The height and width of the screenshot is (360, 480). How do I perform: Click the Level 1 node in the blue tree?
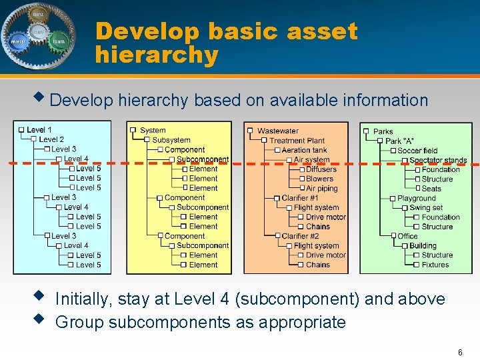[x=39, y=130]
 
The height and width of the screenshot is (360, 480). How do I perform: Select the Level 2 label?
[x=51, y=139]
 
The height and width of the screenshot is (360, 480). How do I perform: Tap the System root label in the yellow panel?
[x=153, y=131]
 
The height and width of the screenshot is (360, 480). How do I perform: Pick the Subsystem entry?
[x=171, y=140]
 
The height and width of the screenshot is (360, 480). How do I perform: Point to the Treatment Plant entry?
[x=297, y=141]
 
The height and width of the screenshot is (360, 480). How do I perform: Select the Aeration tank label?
[x=304, y=150]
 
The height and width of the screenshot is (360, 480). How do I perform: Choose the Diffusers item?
[x=321, y=169]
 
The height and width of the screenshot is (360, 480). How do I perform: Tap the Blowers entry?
[x=319, y=179]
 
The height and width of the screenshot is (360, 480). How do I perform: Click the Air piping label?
[x=321, y=189]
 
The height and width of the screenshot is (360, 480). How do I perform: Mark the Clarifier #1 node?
[x=300, y=198]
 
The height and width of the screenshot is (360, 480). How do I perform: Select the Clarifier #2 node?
[x=300, y=236]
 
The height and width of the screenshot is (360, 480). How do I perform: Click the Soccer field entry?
[x=417, y=151]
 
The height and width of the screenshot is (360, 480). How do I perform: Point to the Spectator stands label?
[x=438, y=160]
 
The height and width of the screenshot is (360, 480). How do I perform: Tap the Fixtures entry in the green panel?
[x=435, y=265]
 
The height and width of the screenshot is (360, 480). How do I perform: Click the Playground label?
[x=416, y=198]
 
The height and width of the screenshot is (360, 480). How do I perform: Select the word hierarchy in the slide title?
[x=157, y=55]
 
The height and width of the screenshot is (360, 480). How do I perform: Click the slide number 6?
[x=460, y=352]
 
